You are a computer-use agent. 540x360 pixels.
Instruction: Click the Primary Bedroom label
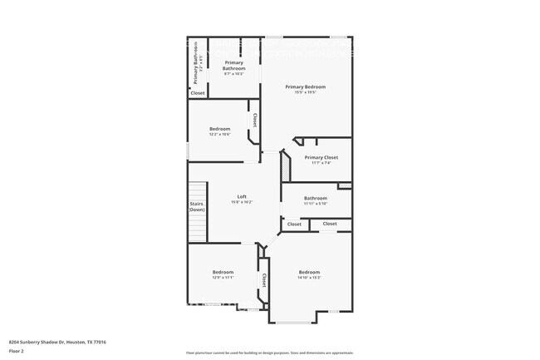(305, 86)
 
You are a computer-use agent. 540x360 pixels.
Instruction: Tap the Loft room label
(242, 196)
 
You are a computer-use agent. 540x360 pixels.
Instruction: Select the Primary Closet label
(321, 157)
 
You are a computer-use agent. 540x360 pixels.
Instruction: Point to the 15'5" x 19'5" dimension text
(305, 92)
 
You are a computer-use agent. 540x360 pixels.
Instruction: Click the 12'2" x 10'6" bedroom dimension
(219, 134)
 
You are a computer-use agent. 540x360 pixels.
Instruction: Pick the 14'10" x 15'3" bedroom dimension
(309, 278)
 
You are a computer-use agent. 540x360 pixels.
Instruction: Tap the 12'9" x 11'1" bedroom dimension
(223, 278)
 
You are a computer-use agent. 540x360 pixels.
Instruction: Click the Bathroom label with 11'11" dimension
(316, 198)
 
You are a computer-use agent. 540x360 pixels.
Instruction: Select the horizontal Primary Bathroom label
(233, 66)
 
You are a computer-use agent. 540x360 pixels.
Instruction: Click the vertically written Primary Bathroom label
(197, 63)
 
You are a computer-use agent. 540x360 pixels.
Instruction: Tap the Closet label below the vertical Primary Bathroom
(198, 93)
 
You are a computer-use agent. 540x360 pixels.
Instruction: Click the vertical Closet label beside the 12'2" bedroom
(255, 121)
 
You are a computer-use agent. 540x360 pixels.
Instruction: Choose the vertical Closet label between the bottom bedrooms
(264, 280)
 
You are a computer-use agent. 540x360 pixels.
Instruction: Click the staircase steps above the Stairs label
(197, 190)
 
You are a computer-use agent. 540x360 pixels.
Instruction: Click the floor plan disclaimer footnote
(270, 353)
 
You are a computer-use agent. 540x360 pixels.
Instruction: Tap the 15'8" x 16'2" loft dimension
(242, 202)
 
